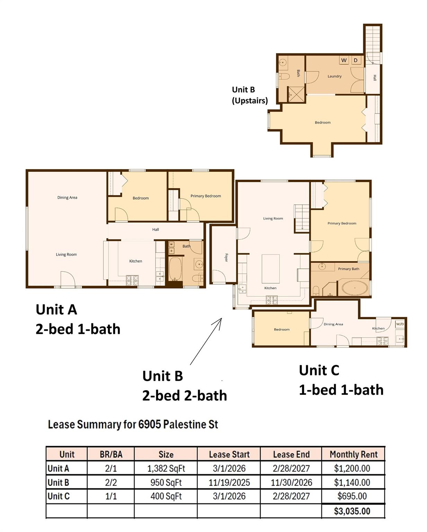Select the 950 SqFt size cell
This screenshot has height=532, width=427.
tap(166, 482)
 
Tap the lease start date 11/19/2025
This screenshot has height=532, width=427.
tap(229, 482)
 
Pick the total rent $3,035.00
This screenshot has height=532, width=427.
tap(352, 511)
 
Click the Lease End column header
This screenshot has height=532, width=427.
tap(291, 454)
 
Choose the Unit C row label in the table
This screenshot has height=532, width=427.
tap(59, 496)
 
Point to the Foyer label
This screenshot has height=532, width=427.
tap(226, 257)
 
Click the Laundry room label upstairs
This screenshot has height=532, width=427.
tap(334, 76)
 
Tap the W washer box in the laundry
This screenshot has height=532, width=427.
tap(344, 60)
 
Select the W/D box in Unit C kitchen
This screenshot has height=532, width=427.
tap(400, 324)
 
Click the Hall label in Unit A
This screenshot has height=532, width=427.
tap(155, 229)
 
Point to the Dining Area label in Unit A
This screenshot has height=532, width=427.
tap(67, 197)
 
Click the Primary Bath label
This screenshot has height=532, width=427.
tap(348, 269)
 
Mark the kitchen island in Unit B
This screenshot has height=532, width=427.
tap(270, 269)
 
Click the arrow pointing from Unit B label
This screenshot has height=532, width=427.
tap(206, 342)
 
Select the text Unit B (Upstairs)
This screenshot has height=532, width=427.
tap(249, 95)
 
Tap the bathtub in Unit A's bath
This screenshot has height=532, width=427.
tap(175, 268)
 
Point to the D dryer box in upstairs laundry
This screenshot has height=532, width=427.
tap(355, 60)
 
